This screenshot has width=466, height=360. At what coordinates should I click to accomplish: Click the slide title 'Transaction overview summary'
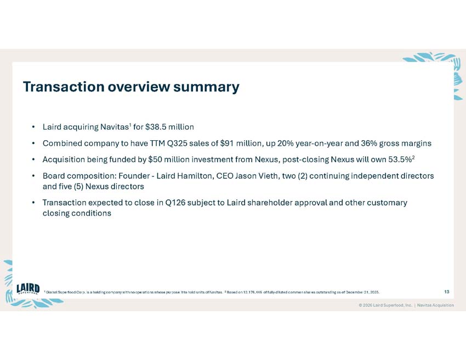130,87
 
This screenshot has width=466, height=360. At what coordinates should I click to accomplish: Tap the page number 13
447,292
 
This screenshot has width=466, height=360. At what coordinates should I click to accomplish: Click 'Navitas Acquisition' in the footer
435,305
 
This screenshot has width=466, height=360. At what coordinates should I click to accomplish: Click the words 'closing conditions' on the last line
77,213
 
